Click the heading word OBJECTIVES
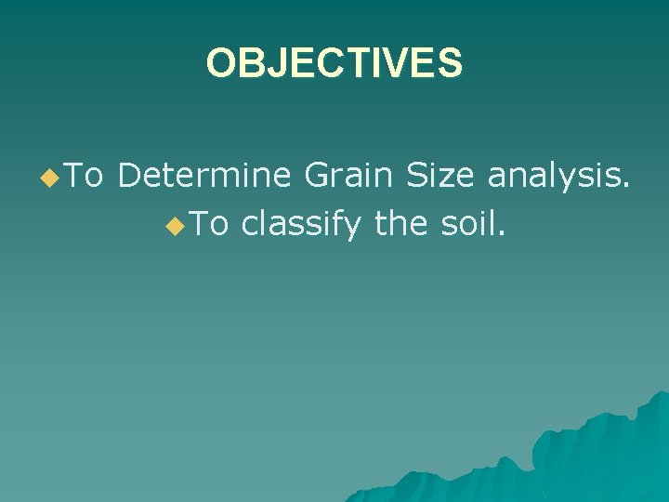pos(334,64)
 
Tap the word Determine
pos(203,175)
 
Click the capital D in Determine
pos(129,175)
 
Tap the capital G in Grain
pos(314,175)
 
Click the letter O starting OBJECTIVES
pos(219,64)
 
